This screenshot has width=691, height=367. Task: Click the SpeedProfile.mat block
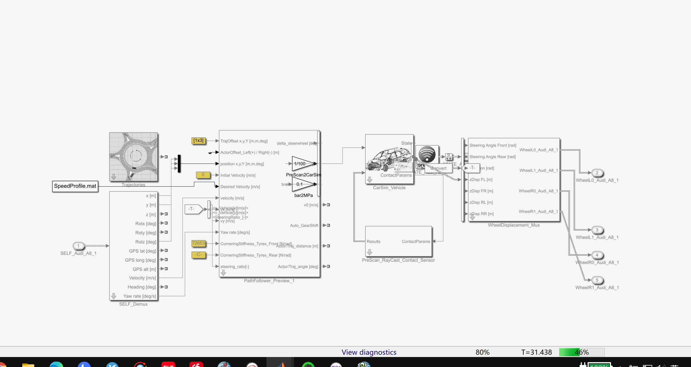[x=75, y=186]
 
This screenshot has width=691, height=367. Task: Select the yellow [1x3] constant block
[x=199, y=141]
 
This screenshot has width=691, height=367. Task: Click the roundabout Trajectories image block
[x=133, y=157]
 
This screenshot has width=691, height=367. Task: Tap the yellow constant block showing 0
[x=203, y=175]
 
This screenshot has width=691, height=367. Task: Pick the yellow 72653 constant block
[x=199, y=243]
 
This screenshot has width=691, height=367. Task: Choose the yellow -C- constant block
[x=199, y=255]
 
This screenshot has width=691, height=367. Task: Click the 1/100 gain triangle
[x=302, y=164]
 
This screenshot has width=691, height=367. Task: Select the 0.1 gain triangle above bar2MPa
[x=302, y=184]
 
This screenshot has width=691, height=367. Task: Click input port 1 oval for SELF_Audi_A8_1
[x=78, y=246]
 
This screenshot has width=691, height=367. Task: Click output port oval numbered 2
[x=597, y=173]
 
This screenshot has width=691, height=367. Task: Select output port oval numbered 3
[x=597, y=230]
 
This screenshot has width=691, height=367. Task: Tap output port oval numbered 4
[x=597, y=255]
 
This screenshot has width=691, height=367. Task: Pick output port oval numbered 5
[x=597, y=280]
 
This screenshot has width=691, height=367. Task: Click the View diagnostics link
[x=369, y=352]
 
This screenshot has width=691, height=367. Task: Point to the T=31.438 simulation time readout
[x=536, y=352]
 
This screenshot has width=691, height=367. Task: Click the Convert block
[x=438, y=168]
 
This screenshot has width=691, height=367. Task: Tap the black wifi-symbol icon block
[x=427, y=154]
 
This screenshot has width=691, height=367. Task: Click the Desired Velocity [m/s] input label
[x=240, y=187]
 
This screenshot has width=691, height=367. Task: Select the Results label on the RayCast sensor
[x=373, y=241]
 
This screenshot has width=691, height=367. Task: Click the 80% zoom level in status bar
[x=482, y=352]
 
